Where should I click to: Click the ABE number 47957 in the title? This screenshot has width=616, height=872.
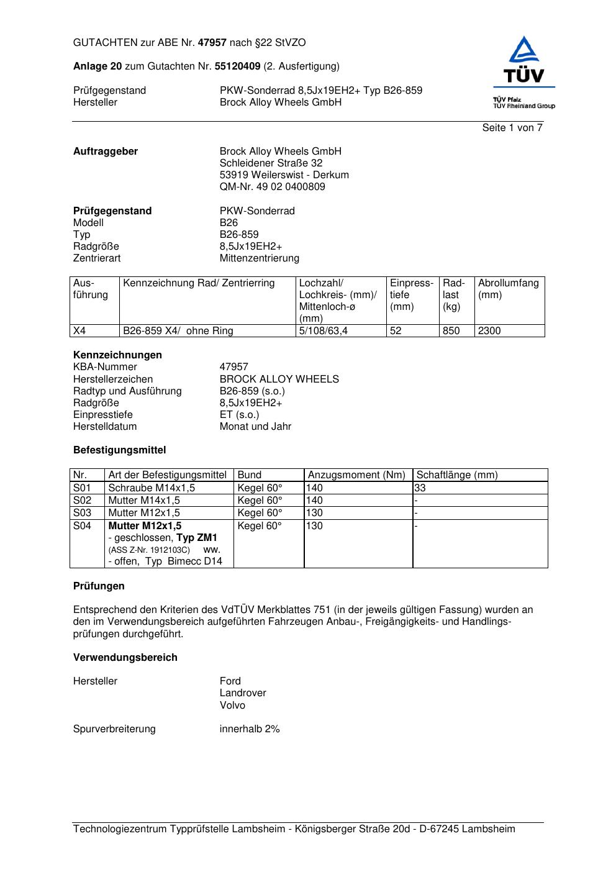tap(212, 43)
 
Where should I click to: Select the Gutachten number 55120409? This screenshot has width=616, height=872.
tap(237, 66)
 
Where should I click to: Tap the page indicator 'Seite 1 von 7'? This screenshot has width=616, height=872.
tap(512, 128)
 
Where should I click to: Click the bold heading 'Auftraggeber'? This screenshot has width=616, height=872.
tap(106, 152)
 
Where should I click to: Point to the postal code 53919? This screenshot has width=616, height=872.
tap(234, 175)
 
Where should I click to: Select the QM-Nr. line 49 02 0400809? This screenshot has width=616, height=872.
tap(272, 187)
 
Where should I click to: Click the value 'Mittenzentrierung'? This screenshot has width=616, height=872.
tap(259, 258)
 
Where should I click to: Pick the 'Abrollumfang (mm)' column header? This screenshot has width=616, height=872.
tap(508, 289)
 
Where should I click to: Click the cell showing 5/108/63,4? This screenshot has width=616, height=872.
tap(323, 331)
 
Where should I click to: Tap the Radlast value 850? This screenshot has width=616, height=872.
tap(451, 331)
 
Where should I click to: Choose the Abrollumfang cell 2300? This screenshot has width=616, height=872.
tap(489, 331)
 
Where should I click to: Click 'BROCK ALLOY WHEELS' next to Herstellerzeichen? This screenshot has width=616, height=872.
tap(279, 379)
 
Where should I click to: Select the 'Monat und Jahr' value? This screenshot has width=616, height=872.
tap(255, 427)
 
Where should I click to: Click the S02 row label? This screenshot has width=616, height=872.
tap(82, 501)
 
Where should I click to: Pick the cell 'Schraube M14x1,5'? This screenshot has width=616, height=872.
tap(152, 488)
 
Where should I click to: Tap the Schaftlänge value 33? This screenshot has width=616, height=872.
tap(420, 488)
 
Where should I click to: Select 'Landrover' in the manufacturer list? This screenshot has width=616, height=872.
tap(242, 693)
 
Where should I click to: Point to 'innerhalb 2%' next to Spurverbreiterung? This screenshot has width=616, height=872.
tap(250, 729)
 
